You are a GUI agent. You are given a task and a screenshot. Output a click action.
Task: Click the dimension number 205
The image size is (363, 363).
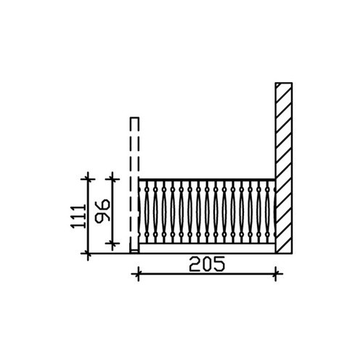[x=207, y=264]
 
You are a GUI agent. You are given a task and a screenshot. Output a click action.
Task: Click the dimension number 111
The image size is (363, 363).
[x=78, y=216]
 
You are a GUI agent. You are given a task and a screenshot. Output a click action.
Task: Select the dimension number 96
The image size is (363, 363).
[x=102, y=211]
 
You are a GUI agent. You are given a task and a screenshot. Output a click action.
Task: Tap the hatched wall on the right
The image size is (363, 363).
[x=284, y=168]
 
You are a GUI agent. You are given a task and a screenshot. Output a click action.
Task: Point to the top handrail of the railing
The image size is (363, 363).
[x=207, y=180]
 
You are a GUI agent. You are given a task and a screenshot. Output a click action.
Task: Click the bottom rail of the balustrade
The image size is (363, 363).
[x=207, y=243]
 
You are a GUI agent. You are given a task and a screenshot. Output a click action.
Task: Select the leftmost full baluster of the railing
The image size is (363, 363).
[x=147, y=212]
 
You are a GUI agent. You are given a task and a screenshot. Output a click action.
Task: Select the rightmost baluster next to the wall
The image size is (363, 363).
[x=267, y=212]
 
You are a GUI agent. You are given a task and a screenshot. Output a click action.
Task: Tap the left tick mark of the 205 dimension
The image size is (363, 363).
[x=138, y=274]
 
